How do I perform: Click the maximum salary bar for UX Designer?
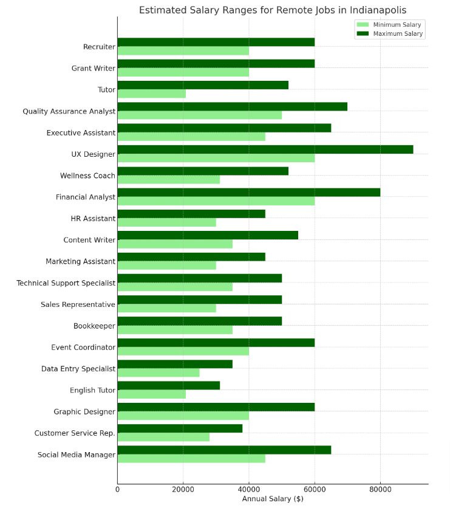(265, 149)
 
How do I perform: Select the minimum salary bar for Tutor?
(152, 94)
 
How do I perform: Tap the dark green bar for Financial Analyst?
(248, 193)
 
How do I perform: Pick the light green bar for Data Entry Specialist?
(159, 373)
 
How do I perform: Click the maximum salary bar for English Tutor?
(168, 386)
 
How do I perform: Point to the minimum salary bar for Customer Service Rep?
(163, 437)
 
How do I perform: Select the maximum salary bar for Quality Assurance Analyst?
(232, 106)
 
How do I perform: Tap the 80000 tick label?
(380, 489)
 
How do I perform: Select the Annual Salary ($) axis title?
(273, 499)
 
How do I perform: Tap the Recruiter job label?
(99, 47)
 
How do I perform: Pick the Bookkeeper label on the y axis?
(94, 326)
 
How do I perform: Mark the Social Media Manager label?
(77, 455)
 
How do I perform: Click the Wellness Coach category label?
(87, 176)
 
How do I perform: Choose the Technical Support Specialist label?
(66, 283)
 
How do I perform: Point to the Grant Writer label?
(93, 68)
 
